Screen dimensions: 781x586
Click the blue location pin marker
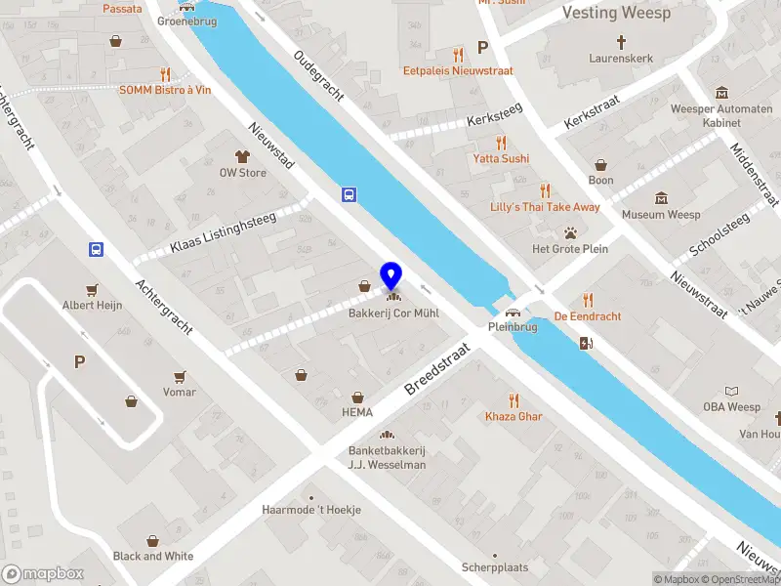point(391,274)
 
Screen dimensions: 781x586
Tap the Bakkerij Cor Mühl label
point(393,314)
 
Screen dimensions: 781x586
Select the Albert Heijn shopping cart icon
point(93,289)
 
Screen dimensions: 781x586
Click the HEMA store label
point(357,412)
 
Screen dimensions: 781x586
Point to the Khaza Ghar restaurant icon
point(514,399)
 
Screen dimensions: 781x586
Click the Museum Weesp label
point(661,215)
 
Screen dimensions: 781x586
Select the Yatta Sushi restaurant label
point(501,158)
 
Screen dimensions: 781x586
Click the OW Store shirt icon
point(242,156)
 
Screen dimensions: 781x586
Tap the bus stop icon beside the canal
point(349,194)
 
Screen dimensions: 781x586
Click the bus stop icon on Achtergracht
point(96,249)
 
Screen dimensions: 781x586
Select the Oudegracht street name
point(318,76)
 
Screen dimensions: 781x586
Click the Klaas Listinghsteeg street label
point(223,233)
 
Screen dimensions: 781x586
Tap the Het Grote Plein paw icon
point(569,232)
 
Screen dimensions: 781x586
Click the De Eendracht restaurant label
point(587,316)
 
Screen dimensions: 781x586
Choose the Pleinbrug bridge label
point(512,328)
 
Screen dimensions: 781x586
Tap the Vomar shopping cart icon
point(180,376)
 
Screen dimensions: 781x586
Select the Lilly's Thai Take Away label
point(545,207)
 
